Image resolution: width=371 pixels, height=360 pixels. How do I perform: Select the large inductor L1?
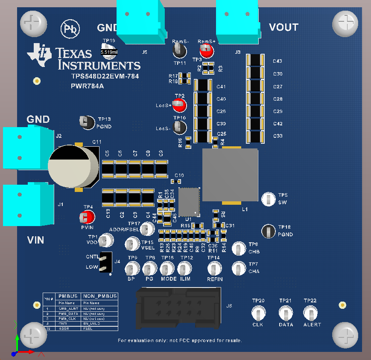click(x=230, y=175)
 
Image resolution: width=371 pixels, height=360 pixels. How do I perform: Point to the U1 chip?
click(x=189, y=202)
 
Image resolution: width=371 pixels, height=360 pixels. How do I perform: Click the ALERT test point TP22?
click(x=310, y=314)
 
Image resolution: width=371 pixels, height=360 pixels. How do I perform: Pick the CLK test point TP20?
click(x=258, y=314)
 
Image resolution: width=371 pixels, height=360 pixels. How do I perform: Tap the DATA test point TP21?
click(x=285, y=314)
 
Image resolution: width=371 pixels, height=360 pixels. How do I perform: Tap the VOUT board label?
click(x=283, y=27)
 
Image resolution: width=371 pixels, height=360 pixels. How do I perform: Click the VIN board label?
click(x=36, y=240)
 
